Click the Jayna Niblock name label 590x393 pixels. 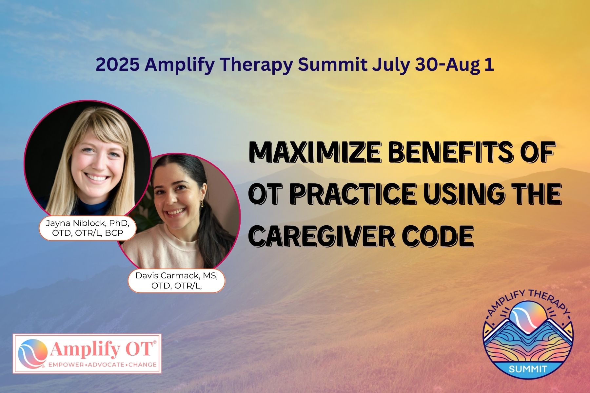[x=88, y=228]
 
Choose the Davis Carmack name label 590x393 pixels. [x=176, y=281]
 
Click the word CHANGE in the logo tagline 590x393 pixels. [x=143, y=365]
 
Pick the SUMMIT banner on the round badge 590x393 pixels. [x=528, y=369]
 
